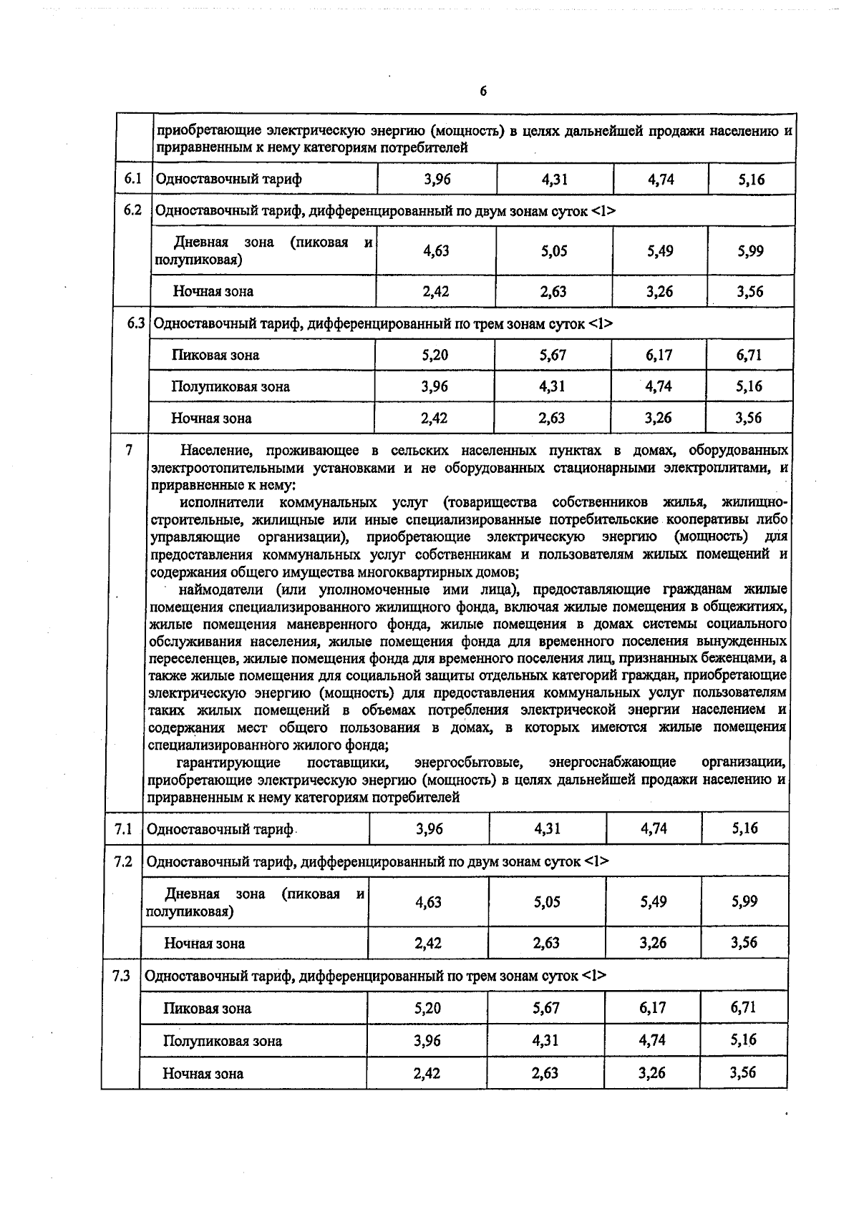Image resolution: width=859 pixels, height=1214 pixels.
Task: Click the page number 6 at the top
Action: [x=483, y=92]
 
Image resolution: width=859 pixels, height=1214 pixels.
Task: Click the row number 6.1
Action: [x=133, y=178]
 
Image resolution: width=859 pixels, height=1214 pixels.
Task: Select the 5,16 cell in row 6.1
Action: [x=752, y=180]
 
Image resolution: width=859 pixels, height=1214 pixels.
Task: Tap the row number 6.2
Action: [x=133, y=210]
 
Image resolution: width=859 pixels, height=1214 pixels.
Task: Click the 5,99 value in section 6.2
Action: [x=750, y=251]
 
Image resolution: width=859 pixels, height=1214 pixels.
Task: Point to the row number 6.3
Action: [x=136, y=323]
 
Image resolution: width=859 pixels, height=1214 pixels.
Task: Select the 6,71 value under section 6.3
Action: [x=749, y=355]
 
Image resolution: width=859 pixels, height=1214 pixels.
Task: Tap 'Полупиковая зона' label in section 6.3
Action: [x=230, y=387]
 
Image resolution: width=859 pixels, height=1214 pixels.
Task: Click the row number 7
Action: [x=129, y=450]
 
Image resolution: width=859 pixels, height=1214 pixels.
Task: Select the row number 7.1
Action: [x=123, y=829]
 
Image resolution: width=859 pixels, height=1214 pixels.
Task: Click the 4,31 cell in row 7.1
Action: [x=548, y=829]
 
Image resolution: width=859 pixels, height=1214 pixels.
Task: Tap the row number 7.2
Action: [x=123, y=861]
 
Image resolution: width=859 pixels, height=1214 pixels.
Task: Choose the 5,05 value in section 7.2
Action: [x=547, y=902]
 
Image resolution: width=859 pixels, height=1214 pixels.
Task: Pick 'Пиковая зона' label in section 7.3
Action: [x=207, y=1009]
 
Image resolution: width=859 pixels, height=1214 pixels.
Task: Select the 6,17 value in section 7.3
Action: [x=653, y=1008]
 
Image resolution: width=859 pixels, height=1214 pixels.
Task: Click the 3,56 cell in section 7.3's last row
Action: [x=743, y=1072]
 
